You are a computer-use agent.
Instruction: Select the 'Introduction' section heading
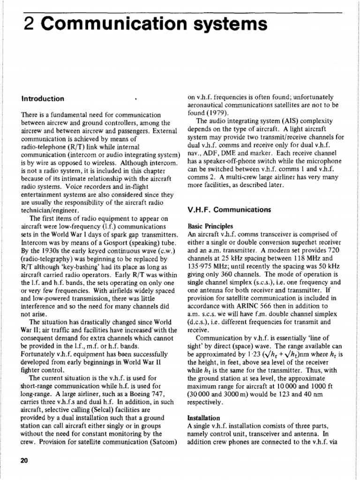43,99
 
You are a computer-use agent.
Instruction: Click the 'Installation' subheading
203,417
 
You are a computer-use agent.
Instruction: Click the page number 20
24,460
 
